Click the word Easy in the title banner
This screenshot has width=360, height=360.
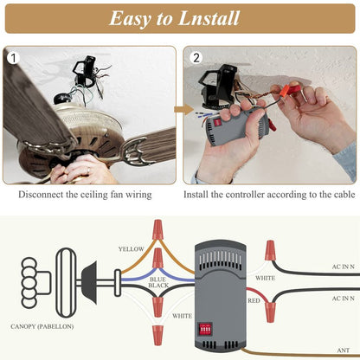click(x=130, y=19)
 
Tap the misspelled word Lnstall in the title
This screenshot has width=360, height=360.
click(x=209, y=18)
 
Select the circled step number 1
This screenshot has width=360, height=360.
click(x=13, y=58)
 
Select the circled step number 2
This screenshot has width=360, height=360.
click(x=196, y=58)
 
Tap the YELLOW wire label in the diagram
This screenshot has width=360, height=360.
click(x=131, y=249)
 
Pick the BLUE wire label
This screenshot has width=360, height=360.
click(x=157, y=280)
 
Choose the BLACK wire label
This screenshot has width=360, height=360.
click(x=158, y=286)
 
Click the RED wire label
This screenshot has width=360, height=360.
click(x=254, y=300)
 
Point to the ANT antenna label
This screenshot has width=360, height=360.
click(x=344, y=350)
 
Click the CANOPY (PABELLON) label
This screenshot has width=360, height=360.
click(x=42, y=326)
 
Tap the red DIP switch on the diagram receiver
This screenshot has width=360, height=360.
click(x=205, y=329)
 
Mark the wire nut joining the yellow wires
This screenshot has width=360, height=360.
click(x=157, y=229)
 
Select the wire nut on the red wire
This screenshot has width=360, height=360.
click(x=270, y=312)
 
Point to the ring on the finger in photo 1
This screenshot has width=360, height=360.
click(x=88, y=170)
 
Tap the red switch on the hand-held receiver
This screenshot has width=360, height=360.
click(x=216, y=123)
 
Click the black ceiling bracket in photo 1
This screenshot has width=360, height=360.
click(x=86, y=72)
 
